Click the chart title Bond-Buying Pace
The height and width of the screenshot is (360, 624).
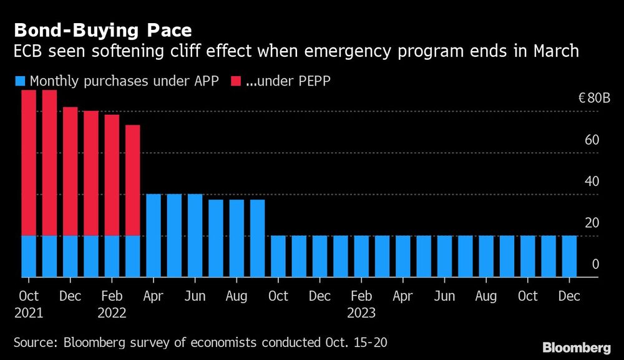click(102, 30)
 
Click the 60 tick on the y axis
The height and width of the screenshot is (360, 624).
click(592, 140)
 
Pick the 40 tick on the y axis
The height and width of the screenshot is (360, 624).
click(592, 182)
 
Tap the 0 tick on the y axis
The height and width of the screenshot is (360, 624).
click(595, 265)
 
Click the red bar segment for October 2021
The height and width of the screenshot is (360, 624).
click(29, 162)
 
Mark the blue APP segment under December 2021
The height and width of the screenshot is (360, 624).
click(70, 256)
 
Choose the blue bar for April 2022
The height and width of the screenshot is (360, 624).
click(154, 235)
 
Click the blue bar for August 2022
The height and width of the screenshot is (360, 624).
click(236, 238)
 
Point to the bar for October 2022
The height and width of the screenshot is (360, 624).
click(278, 256)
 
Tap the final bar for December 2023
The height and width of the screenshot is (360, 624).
click(569, 256)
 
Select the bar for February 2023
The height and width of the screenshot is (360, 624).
click(361, 256)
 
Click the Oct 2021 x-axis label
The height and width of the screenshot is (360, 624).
click(29, 304)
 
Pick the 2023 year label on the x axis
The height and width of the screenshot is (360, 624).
click(362, 313)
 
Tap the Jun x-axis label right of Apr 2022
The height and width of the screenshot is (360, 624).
click(195, 296)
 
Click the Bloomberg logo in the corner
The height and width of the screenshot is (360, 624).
click(576, 347)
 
